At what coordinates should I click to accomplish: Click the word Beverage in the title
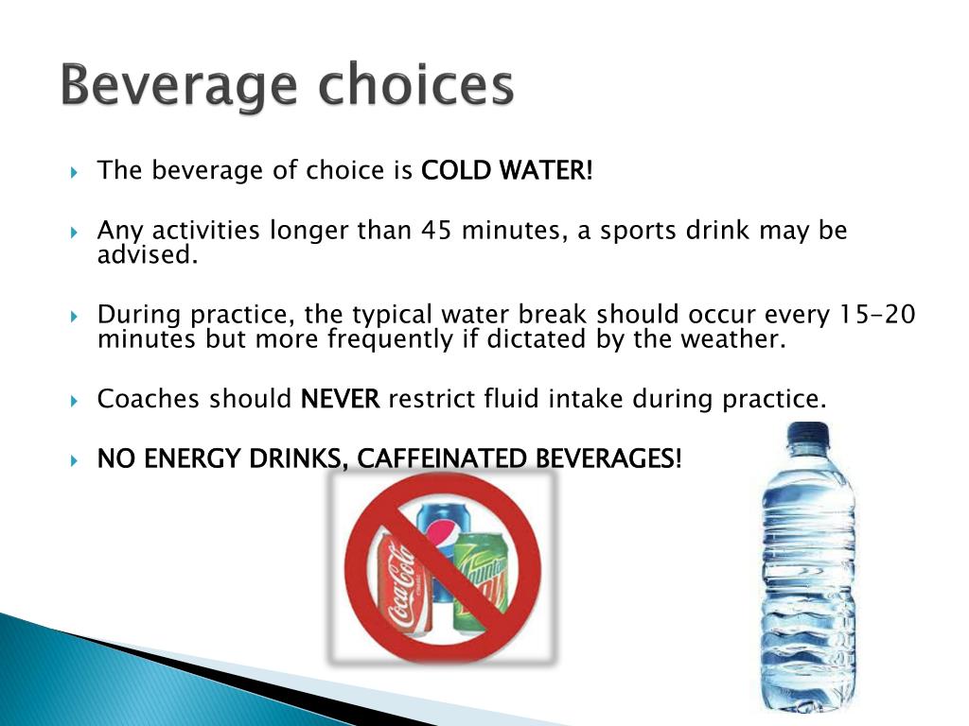point(179,86)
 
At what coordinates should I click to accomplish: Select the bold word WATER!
point(546,170)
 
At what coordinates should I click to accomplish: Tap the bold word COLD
point(457,170)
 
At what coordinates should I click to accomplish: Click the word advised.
point(148,254)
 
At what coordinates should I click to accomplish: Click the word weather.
point(733,339)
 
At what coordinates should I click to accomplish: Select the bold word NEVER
point(340,399)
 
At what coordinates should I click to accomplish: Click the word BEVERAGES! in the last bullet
point(608,458)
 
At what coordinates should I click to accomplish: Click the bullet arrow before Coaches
point(74,401)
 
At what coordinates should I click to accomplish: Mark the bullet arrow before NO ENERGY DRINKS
point(74,460)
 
